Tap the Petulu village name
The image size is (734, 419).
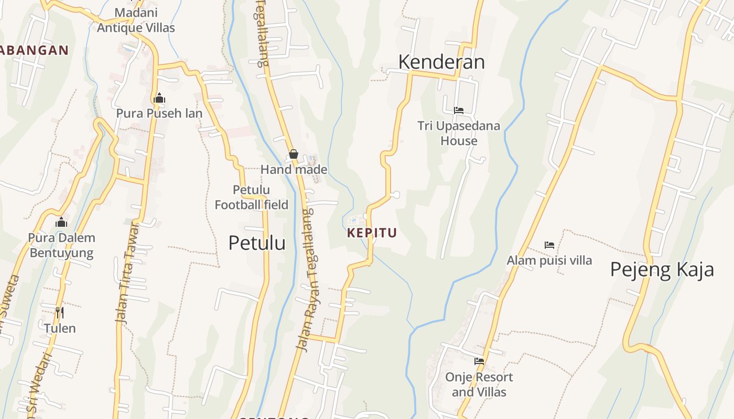tap(257, 243)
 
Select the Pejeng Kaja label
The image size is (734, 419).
tap(662, 269)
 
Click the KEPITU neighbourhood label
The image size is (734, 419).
tap(372, 233)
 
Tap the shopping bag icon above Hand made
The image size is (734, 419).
tap(294, 154)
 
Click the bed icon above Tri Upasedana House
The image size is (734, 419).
tap(459, 111)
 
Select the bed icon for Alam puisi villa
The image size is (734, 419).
tap(549, 245)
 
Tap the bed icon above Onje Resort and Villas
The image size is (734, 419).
tap(479, 361)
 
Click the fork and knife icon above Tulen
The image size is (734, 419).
tap(60, 313)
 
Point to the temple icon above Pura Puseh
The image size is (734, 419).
tap(159, 98)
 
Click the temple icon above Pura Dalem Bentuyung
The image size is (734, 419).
tap(61, 223)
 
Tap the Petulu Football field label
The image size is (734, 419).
tap(252, 197)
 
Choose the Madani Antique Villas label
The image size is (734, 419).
tap(136, 20)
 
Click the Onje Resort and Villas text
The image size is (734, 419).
tap(479, 384)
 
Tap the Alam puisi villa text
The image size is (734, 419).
tap(549, 260)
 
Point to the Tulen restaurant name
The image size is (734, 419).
tap(60, 328)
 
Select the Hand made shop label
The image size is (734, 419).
tap(294, 169)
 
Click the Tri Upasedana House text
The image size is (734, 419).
tap(459, 133)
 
